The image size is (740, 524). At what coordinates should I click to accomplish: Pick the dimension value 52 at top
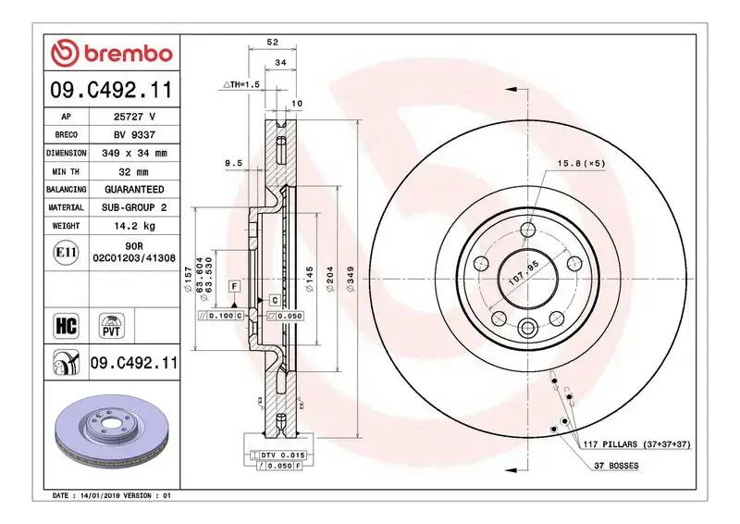[273, 43]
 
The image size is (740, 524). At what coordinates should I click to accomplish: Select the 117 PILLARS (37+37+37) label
[637, 445]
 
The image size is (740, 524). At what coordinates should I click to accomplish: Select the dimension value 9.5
[234, 163]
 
